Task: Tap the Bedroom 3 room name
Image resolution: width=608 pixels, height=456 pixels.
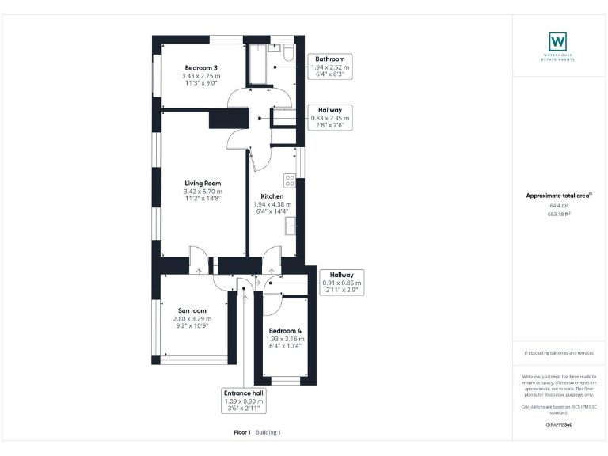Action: tap(203, 67)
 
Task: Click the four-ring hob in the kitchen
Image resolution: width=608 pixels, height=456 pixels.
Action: tap(290, 180)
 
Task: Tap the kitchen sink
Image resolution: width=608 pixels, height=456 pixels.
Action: tap(291, 227)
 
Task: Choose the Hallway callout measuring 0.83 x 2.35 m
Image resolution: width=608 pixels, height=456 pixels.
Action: tap(329, 118)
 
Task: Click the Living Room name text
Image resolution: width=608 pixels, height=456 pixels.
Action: tap(203, 183)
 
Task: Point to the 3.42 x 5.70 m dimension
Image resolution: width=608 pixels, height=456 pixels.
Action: tap(203, 192)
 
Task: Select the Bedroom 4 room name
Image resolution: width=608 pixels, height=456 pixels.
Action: tap(285, 330)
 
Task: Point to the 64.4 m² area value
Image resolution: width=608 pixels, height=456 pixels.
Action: tap(559, 205)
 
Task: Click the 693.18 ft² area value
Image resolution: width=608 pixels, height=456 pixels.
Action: tap(559, 214)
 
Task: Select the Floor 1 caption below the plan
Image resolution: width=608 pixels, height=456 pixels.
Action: tap(241, 432)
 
